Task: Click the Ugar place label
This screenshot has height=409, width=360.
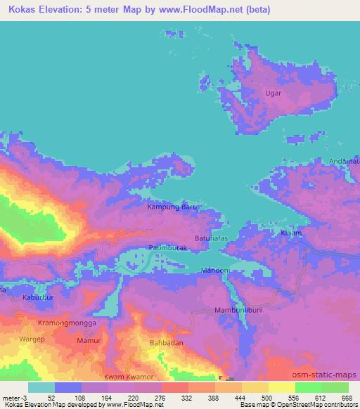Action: click(x=273, y=92)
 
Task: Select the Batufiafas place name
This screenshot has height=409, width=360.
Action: click(x=214, y=240)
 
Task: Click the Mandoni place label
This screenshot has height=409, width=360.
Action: click(x=215, y=271)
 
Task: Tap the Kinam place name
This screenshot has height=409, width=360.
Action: click(x=291, y=233)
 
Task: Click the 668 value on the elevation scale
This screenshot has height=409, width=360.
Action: click(x=346, y=397)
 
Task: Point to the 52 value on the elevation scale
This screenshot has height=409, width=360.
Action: click(x=51, y=397)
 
